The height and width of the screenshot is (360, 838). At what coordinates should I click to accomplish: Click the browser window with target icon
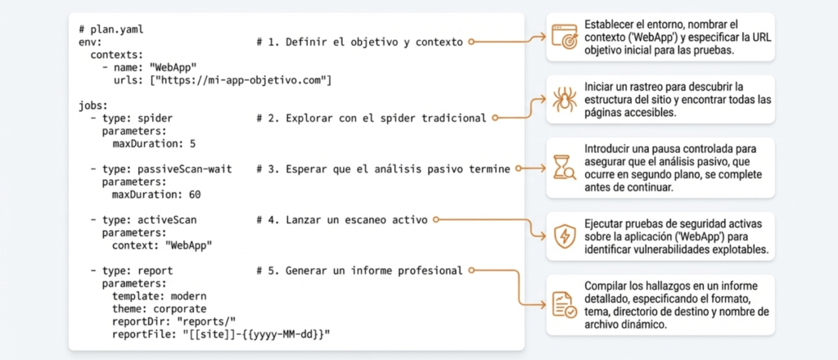[x=564, y=38]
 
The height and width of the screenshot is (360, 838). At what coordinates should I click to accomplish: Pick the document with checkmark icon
[x=564, y=305]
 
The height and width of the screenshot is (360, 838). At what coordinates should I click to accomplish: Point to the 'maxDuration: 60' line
[x=156, y=195]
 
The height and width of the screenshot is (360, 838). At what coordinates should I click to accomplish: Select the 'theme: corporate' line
[x=162, y=309]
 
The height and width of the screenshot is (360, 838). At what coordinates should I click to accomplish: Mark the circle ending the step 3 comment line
[x=519, y=169]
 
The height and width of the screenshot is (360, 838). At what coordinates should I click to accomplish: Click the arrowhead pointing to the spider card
[x=542, y=100]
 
